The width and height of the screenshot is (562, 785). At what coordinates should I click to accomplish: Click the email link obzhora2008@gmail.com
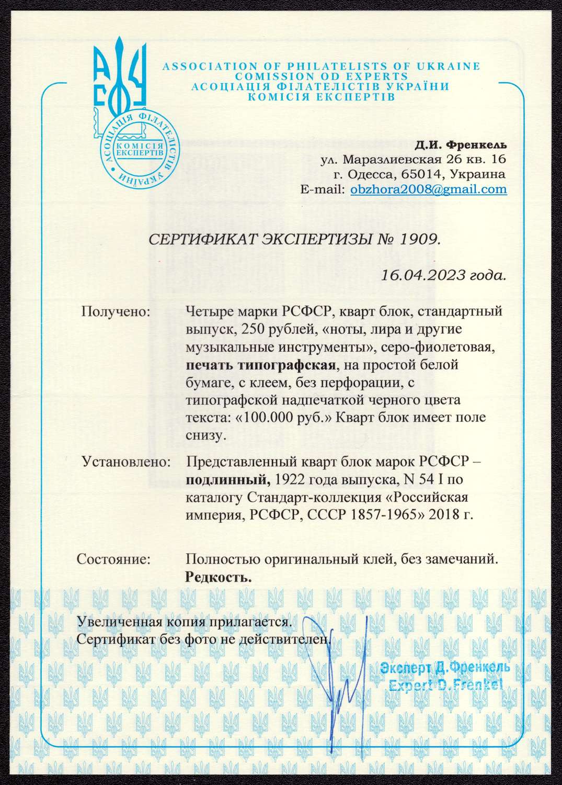[428, 189]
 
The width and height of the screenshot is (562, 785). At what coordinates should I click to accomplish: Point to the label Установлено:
[126, 463]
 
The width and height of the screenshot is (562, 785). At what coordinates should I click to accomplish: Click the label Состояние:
[113, 559]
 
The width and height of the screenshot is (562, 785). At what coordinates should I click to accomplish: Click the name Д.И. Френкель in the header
[461, 144]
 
